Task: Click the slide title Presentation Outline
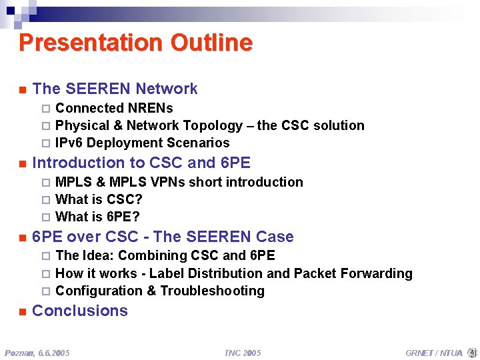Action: click(135, 43)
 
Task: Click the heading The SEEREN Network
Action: click(115, 89)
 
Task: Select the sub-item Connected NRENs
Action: click(114, 108)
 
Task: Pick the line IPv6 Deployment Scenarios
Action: click(142, 143)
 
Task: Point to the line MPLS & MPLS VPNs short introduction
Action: click(179, 182)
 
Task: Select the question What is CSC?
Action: click(99, 199)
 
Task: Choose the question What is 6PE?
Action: click(97, 217)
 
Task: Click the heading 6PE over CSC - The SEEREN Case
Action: click(163, 237)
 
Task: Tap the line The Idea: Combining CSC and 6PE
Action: click(165, 255)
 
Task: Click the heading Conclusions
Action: click(80, 311)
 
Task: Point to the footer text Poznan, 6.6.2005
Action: click(37, 352)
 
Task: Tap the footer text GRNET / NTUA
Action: click(433, 352)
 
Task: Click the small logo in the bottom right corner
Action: click(472, 351)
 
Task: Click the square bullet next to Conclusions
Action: click(22, 311)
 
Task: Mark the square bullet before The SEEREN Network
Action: click(22, 89)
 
